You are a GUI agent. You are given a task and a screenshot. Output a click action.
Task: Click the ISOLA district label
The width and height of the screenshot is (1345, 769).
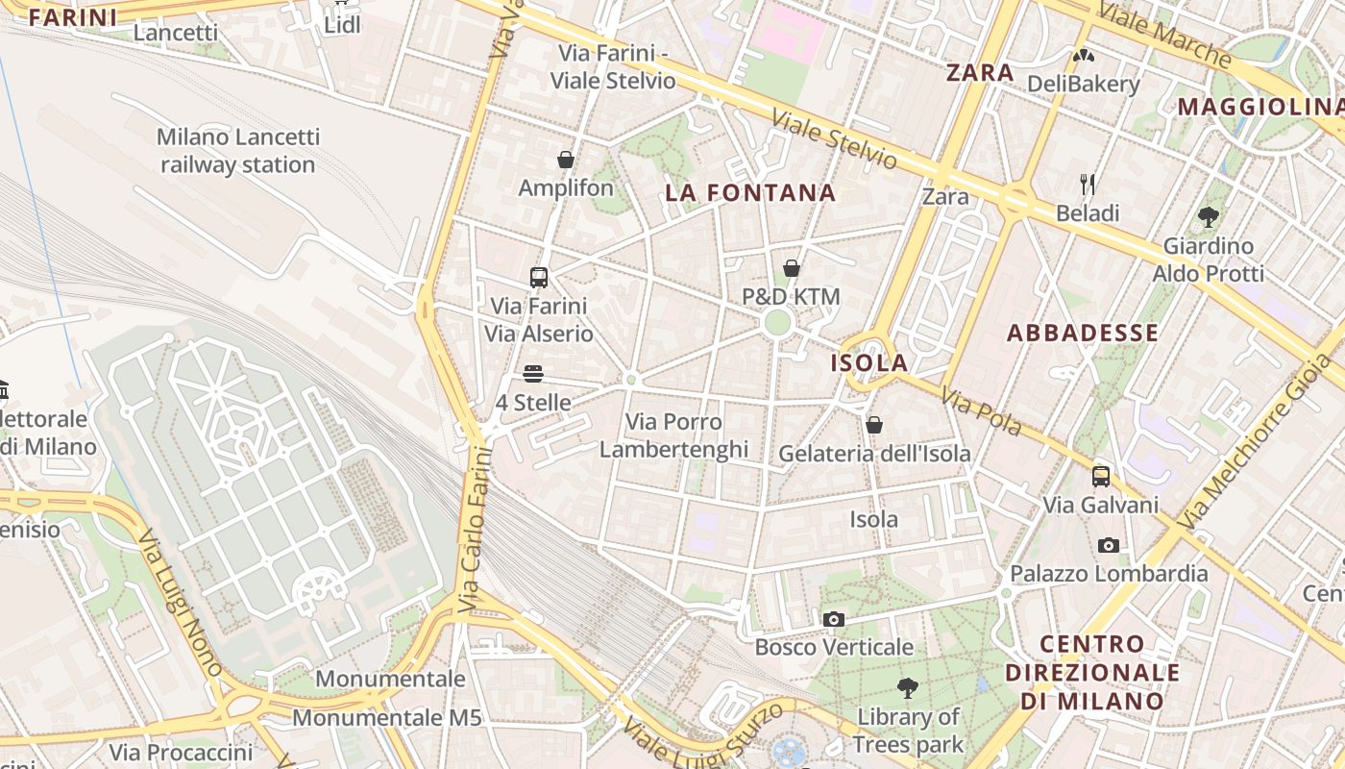pos(868,362)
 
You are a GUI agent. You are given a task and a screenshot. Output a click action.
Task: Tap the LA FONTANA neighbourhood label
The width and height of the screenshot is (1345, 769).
pos(750,193)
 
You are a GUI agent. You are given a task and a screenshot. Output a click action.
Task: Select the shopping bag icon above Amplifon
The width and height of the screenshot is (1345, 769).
pos(566,160)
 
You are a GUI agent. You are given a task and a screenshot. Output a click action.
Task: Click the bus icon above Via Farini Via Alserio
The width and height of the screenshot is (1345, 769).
pos(539,278)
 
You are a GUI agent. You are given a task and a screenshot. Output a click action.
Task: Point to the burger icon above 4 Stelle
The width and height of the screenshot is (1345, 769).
pos(533,374)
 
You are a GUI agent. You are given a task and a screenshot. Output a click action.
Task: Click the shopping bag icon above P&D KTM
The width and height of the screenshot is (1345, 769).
pos(791,268)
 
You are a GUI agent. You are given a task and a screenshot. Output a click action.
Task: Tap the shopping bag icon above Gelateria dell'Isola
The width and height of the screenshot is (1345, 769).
pos(874,425)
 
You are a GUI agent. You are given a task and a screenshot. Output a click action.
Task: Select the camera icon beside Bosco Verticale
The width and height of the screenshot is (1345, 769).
pos(834,619)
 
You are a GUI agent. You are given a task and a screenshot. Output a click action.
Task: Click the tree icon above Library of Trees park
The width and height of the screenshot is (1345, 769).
pos(907,688)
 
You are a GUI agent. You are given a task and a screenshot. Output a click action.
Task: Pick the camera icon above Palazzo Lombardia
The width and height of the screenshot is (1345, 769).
pos(1109,545)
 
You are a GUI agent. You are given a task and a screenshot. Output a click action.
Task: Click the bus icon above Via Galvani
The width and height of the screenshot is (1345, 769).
pos(1101,476)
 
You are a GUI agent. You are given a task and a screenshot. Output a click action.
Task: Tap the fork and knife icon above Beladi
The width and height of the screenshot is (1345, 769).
pos(1088,184)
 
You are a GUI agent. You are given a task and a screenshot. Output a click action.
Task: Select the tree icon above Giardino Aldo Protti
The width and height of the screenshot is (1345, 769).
pos(1209,217)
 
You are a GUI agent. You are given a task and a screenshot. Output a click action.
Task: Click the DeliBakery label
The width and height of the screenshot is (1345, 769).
pos(1083,84)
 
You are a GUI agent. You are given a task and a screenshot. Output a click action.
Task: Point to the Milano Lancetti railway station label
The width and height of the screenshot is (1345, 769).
pos(237,151)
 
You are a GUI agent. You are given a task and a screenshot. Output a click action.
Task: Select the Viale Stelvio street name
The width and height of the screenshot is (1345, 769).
pos(834,140)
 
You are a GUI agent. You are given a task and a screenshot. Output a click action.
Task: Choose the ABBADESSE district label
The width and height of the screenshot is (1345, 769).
pos(1082,334)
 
